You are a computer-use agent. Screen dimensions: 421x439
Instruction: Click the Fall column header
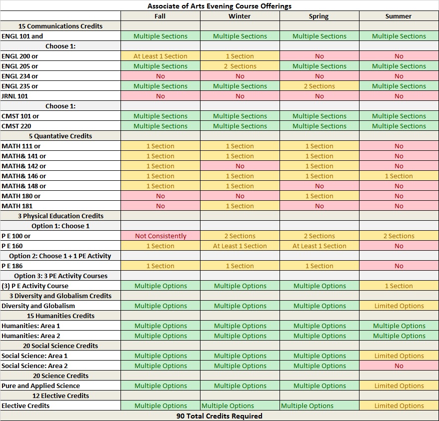click(160, 16)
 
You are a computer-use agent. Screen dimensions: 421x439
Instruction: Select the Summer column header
click(398, 16)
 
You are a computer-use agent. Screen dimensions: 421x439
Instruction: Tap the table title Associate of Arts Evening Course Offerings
click(219, 6)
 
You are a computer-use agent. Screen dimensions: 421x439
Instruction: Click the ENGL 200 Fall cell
click(160, 56)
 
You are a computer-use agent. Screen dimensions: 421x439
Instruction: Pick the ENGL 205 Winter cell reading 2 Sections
click(240, 66)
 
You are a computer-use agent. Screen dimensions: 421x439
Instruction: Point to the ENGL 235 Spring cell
click(319, 86)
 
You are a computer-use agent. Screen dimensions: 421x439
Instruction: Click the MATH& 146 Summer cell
click(398, 176)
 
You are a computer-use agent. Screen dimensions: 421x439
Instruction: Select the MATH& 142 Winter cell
click(240, 166)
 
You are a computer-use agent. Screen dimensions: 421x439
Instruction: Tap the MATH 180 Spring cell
click(319, 196)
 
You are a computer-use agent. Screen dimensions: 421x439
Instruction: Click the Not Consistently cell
click(160, 236)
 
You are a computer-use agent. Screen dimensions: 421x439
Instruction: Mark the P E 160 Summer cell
click(398, 246)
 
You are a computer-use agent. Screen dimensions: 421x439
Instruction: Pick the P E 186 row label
click(12, 266)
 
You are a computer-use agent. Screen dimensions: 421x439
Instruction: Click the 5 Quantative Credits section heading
click(60, 136)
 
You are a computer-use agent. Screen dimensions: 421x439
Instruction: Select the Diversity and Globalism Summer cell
click(398, 306)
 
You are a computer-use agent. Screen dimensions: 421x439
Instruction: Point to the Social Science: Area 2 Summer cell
click(398, 366)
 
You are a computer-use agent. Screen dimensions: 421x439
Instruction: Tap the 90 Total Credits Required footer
click(219, 416)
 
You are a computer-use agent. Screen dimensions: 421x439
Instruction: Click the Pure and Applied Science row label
click(40, 386)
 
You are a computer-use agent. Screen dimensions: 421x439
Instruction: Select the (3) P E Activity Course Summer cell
click(398, 286)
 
